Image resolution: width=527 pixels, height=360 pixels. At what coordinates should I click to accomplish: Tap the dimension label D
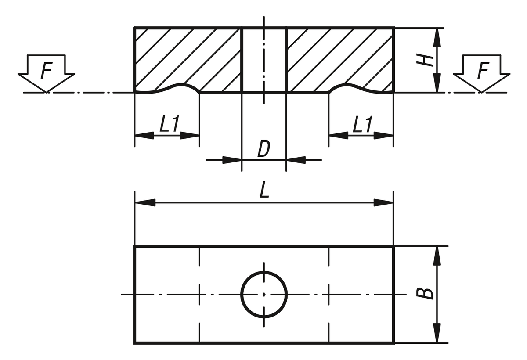pyautogui.click(x=263, y=150)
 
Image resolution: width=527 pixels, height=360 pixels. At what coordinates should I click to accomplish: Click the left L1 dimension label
pyautogui.click(x=170, y=126)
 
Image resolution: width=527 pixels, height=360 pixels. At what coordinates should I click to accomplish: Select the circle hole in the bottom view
pyautogui.click(x=264, y=294)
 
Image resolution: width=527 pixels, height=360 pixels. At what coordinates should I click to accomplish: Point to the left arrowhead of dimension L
pyautogui.click(x=145, y=202)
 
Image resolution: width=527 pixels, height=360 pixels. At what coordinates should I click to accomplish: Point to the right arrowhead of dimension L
pyautogui.click(x=383, y=202)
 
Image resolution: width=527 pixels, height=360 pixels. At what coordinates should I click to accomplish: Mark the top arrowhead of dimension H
pyautogui.click(x=437, y=38)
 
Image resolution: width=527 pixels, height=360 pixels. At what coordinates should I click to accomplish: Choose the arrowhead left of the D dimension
pyautogui.click(x=232, y=160)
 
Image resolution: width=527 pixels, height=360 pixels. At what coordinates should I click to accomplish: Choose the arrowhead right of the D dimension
pyautogui.click(x=296, y=160)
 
